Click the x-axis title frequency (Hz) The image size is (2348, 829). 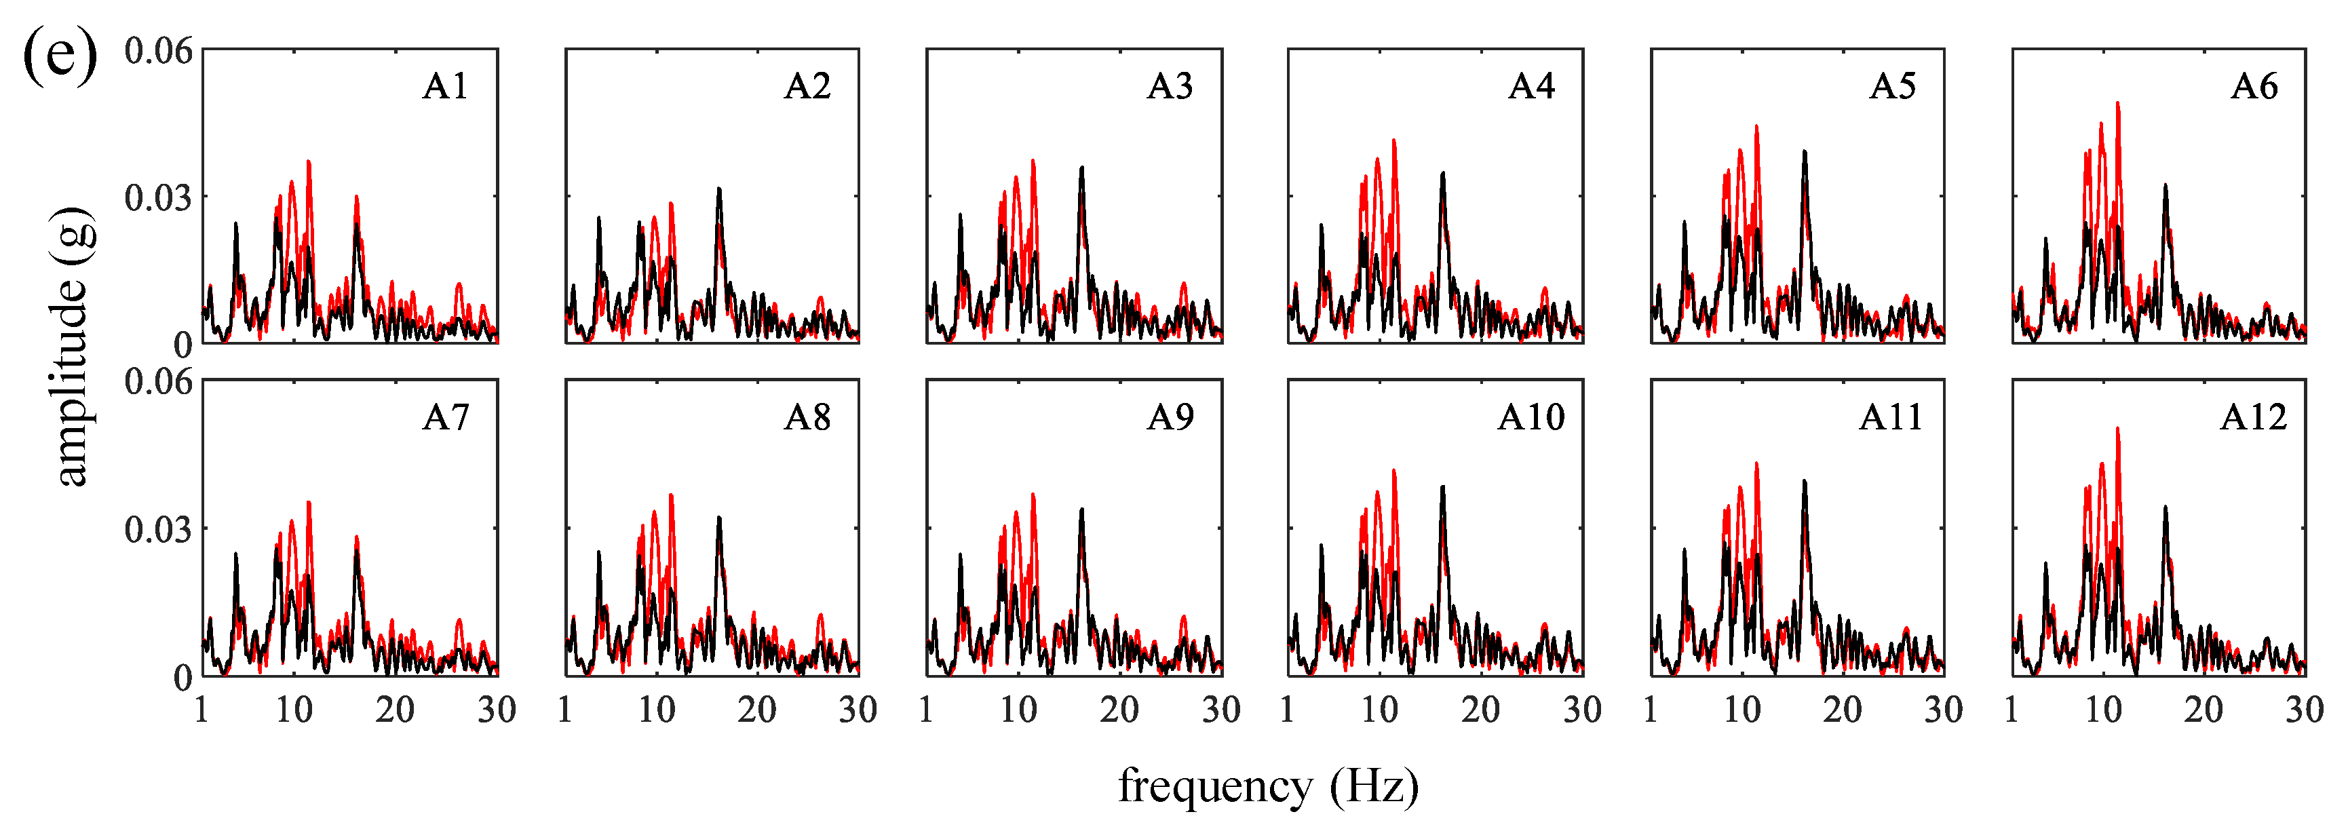(x=1268, y=786)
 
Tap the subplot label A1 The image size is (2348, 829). (x=446, y=87)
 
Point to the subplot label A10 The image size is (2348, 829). (x=1531, y=417)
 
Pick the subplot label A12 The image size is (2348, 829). (x=2253, y=417)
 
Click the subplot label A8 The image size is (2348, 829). (x=807, y=417)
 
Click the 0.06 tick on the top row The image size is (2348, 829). (x=159, y=51)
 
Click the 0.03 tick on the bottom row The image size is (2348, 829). (x=159, y=529)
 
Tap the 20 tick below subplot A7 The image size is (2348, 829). (x=395, y=710)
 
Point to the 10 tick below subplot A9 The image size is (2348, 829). (x=1018, y=710)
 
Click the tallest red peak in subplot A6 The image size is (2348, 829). (x=2117, y=104)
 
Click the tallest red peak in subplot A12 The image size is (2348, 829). (x=2117, y=429)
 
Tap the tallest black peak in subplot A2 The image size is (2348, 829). (x=719, y=189)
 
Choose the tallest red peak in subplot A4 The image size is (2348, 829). (x=1393, y=141)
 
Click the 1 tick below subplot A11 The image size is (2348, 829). (x=1650, y=710)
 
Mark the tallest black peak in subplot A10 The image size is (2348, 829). (x=1442, y=487)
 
